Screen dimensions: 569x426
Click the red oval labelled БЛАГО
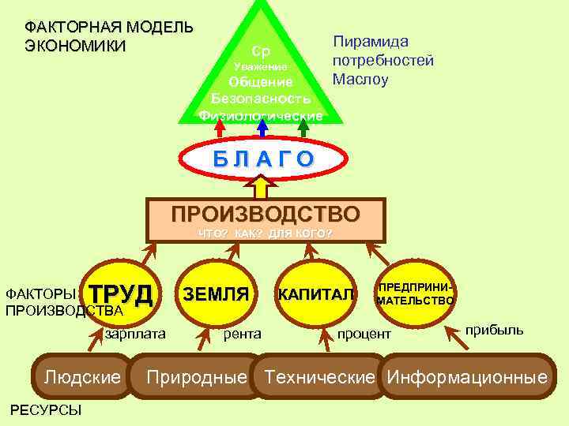[x=263, y=159]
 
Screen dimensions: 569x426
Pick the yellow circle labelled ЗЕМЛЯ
[x=216, y=294]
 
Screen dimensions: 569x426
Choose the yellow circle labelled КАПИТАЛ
[x=316, y=294]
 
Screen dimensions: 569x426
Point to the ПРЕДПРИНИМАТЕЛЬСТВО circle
[x=415, y=294]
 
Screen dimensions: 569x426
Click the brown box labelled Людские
[x=82, y=377]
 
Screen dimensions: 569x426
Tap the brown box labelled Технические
[x=319, y=377]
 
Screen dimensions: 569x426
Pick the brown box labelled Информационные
[x=467, y=377]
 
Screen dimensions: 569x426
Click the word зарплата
[x=135, y=334]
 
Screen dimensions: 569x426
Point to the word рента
[x=243, y=334]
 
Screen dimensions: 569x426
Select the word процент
[x=364, y=334]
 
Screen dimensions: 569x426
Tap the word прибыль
[x=494, y=329]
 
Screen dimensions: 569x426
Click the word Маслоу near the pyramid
[x=360, y=79]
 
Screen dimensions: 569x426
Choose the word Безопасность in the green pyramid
[x=261, y=99]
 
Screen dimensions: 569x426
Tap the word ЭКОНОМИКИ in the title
[x=75, y=45]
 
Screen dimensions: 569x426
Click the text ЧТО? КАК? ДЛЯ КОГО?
[x=266, y=234]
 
